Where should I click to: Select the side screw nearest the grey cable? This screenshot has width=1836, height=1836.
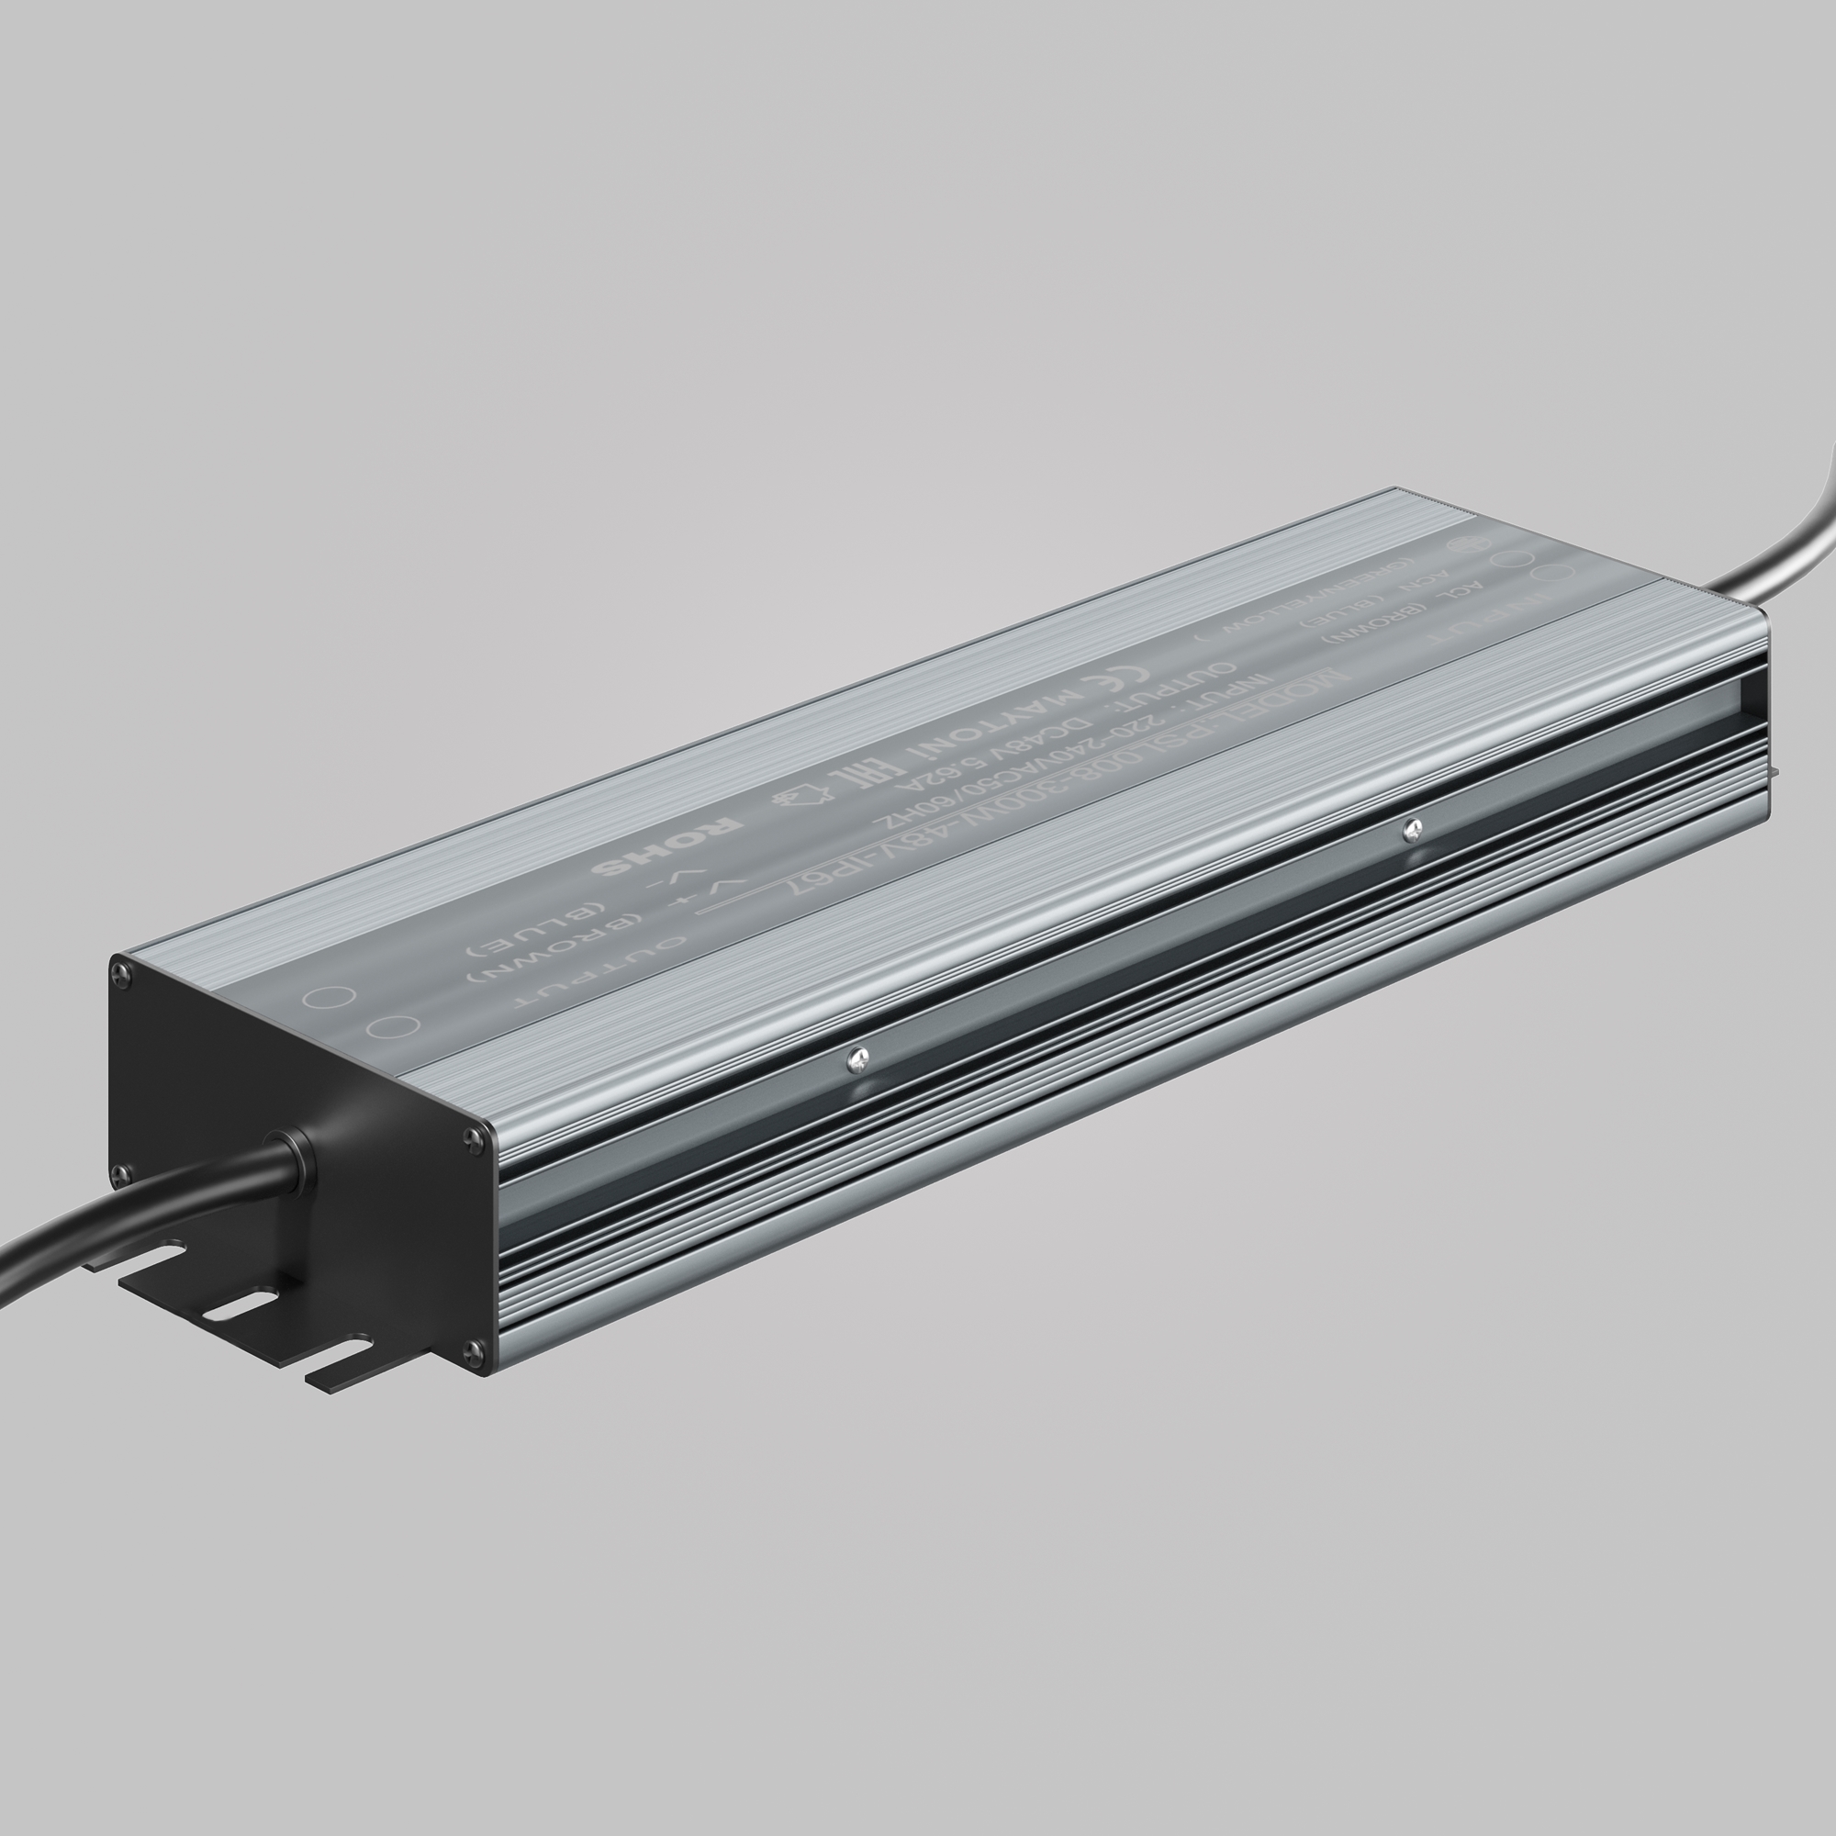[1412, 830]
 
